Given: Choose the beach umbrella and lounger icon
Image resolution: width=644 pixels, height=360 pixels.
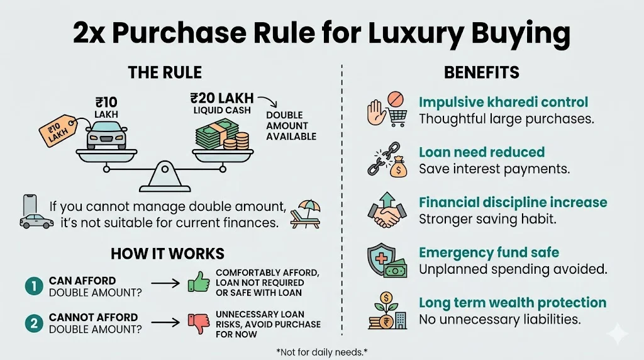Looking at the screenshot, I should click(x=306, y=213).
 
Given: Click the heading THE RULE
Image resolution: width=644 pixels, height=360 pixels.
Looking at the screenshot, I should click(x=165, y=72).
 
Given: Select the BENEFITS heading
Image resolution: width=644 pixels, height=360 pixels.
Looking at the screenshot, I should click(x=482, y=72).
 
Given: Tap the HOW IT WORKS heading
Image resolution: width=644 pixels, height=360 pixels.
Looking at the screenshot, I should click(x=167, y=254).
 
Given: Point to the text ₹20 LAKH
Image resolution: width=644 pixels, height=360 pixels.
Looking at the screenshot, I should click(x=222, y=98).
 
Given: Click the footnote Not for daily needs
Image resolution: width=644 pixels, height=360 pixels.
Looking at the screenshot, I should click(x=322, y=351).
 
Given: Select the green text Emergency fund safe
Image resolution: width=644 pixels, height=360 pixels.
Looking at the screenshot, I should click(x=489, y=252).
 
